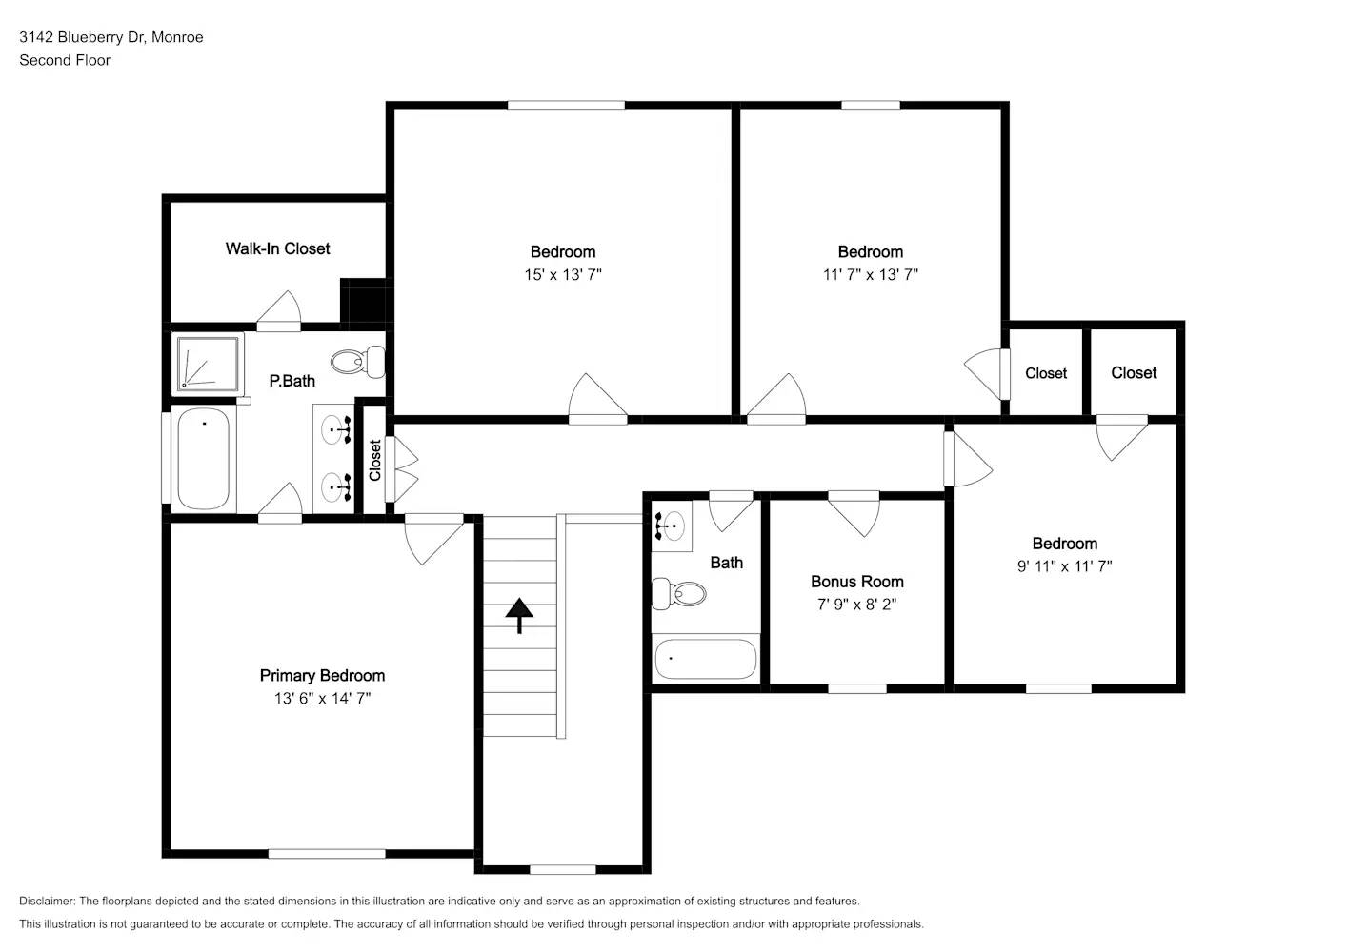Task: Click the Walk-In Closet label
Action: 277,248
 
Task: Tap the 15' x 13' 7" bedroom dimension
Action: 562,275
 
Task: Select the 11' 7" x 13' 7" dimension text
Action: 870,275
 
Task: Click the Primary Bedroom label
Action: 322,676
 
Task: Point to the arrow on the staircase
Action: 519,615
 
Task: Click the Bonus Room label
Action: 856,582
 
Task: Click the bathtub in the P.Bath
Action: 204,459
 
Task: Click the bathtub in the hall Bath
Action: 706,659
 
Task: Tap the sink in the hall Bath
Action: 672,525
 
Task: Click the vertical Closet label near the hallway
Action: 375,460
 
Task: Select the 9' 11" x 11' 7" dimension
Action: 1064,566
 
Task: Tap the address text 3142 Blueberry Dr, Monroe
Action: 111,37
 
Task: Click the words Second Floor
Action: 65,60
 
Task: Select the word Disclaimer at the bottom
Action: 47,901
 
